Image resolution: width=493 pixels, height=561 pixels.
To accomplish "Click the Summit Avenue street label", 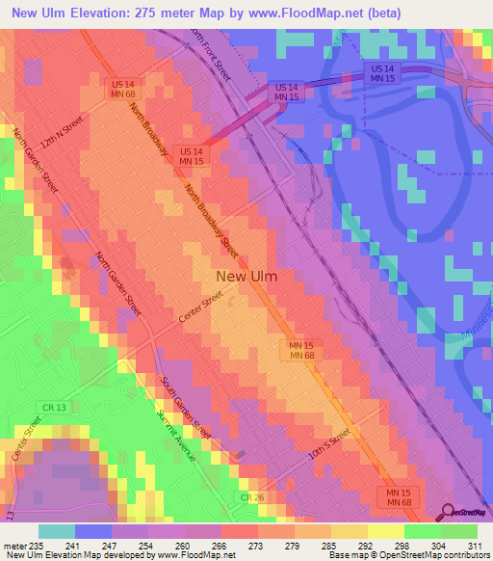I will pos(177,436).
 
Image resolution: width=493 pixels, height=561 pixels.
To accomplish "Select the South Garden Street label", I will pos(186,406).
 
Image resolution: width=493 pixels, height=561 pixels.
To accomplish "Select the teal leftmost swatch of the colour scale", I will pos(56,531).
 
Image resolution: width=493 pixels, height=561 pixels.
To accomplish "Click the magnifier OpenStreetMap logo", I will pos(447,513).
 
